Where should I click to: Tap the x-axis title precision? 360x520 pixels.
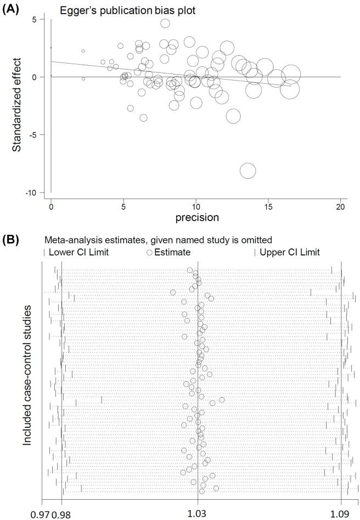coord(196,217)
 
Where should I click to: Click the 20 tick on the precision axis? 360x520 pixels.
coord(340,206)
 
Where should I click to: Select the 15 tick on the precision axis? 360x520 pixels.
coord(268,206)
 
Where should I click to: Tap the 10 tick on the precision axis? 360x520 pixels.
coord(195,206)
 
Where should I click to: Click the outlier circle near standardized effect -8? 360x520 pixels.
coord(248,171)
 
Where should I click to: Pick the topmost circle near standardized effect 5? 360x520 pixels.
coord(165,23)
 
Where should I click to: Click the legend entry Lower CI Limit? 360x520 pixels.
coord(77,252)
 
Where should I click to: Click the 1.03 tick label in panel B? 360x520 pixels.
coord(197,512)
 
